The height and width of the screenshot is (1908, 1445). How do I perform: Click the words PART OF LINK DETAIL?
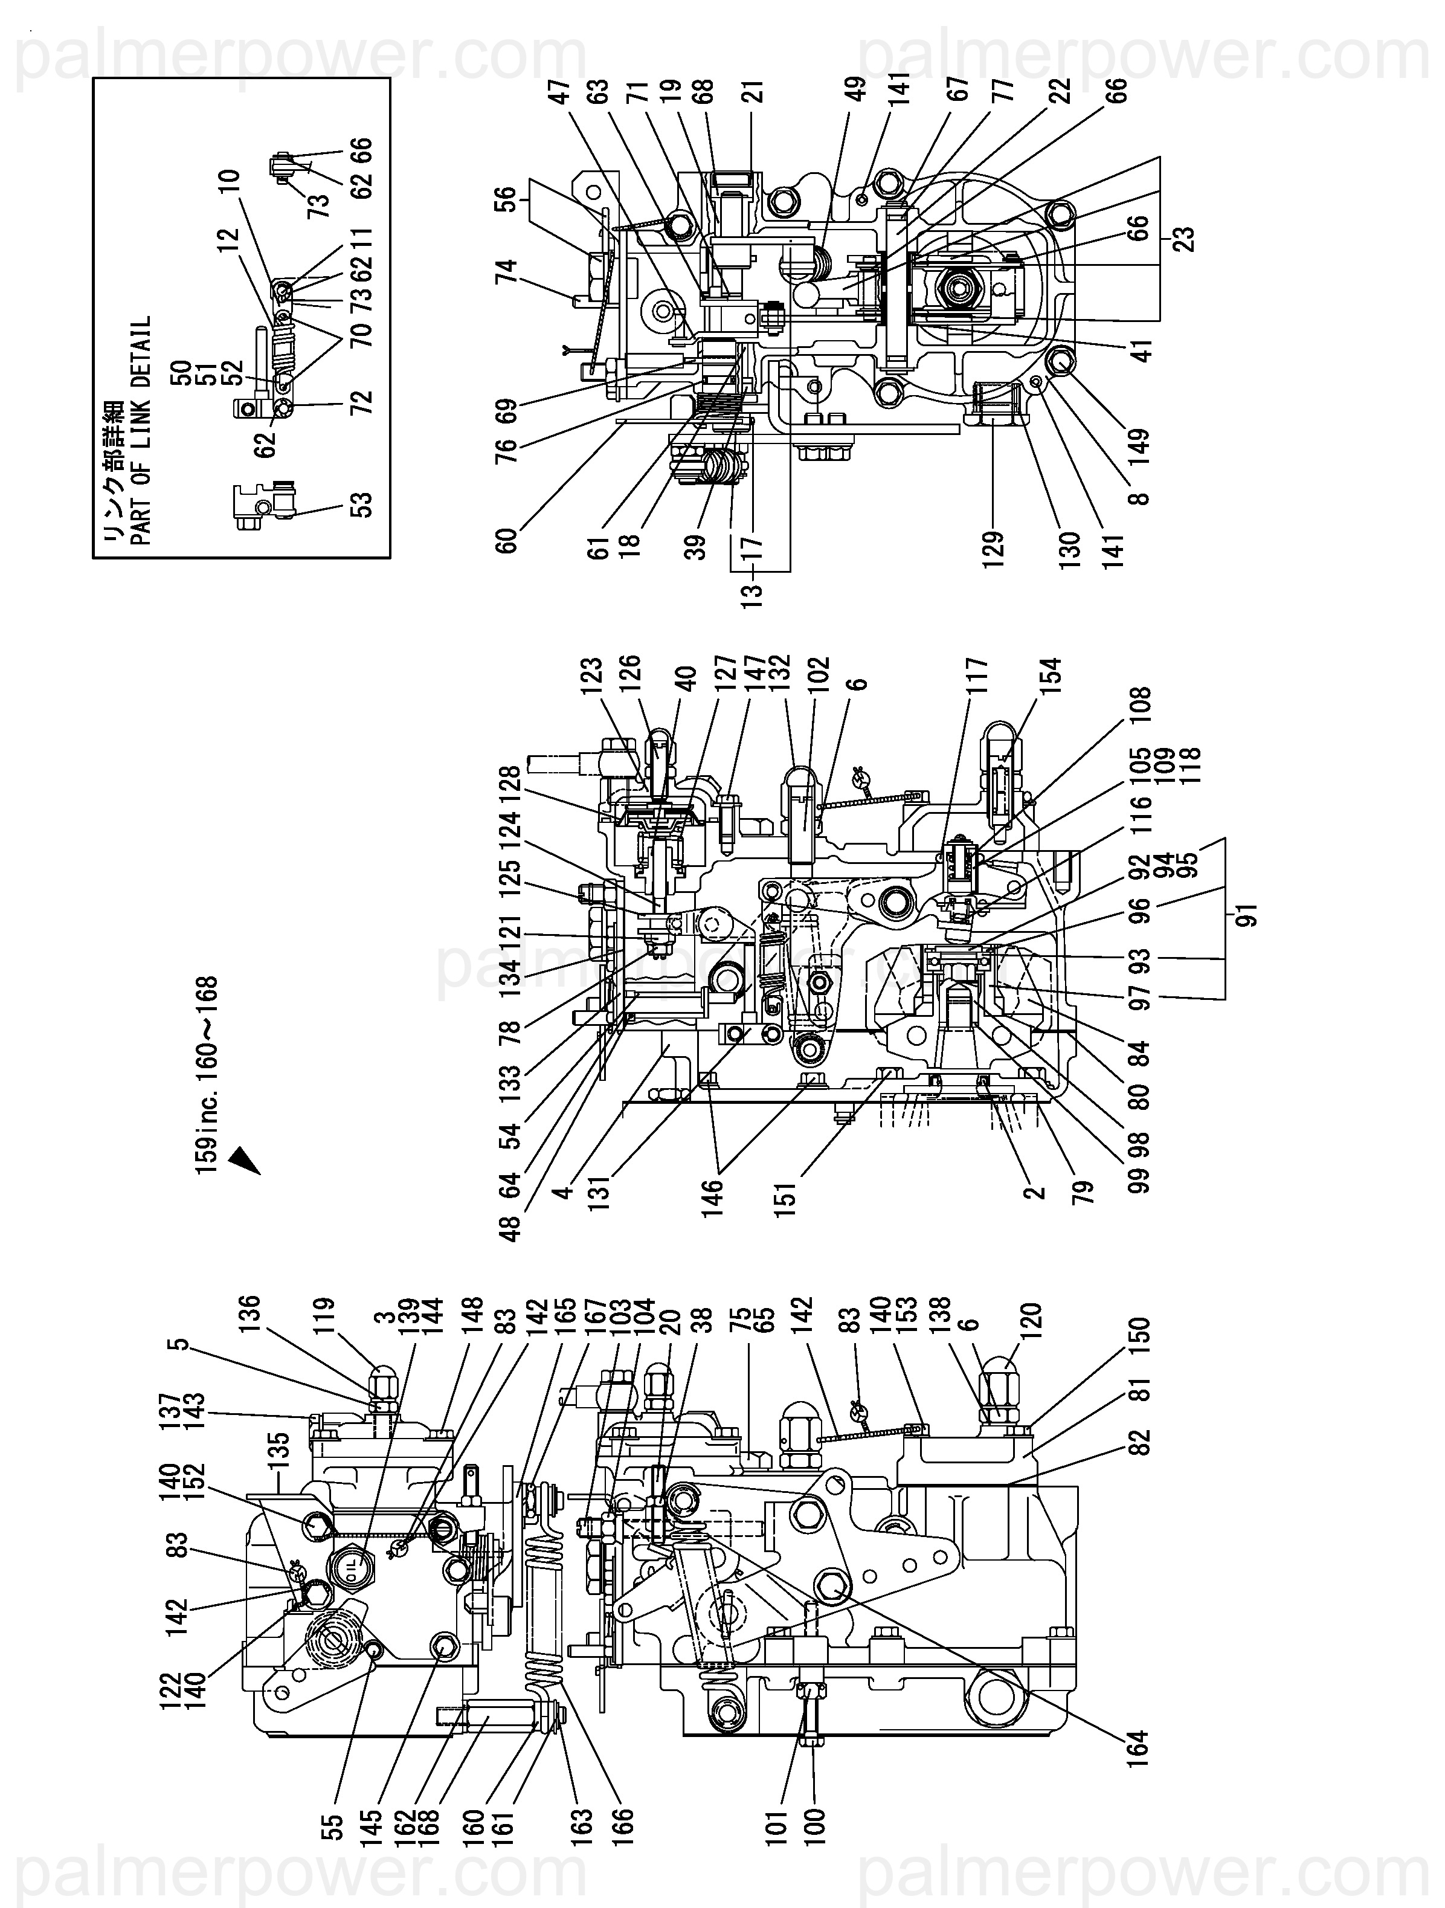pyautogui.click(x=140, y=430)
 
